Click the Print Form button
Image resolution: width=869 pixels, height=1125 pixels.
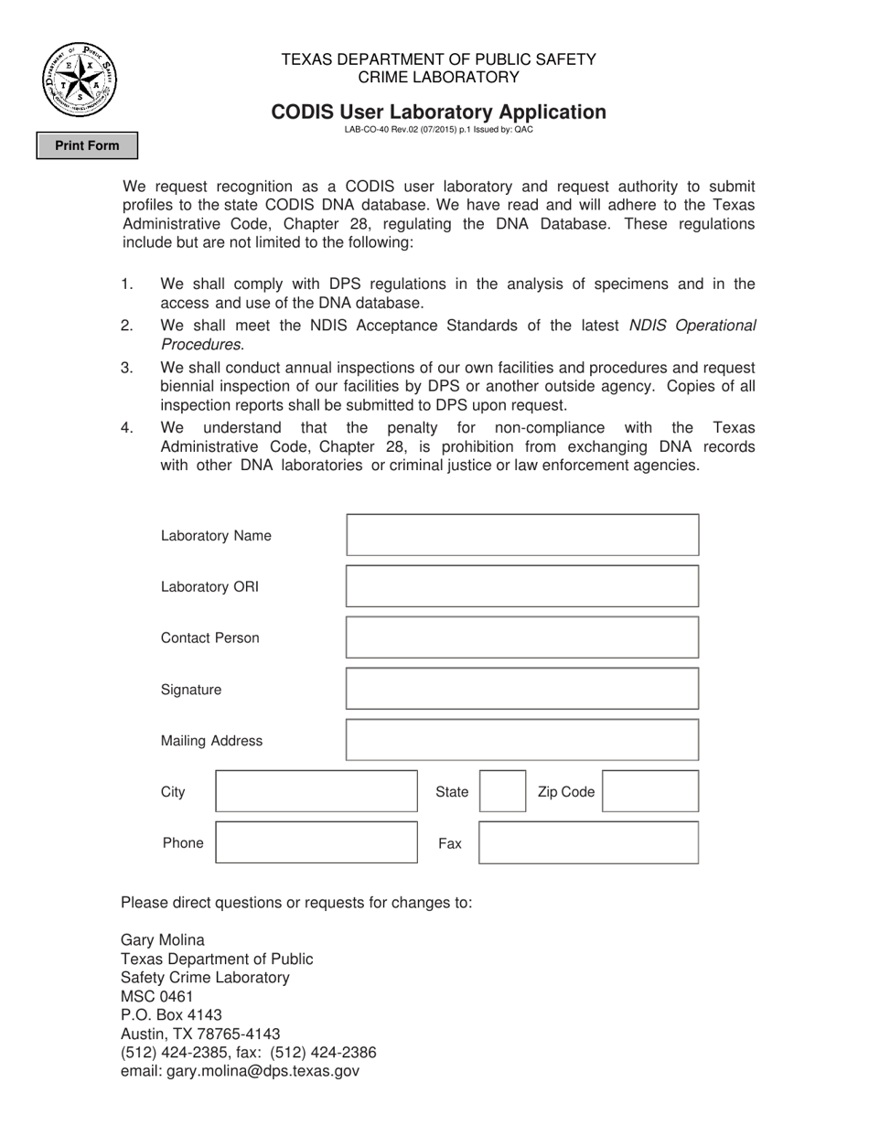click(87, 145)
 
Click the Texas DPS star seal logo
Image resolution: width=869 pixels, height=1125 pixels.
click(80, 80)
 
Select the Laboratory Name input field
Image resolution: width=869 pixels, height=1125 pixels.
click(522, 535)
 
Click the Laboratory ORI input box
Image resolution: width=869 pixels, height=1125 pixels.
click(522, 586)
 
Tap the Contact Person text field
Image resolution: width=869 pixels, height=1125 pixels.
click(522, 637)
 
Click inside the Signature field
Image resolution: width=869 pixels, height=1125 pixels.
click(522, 689)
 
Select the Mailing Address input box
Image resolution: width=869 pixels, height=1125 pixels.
click(522, 740)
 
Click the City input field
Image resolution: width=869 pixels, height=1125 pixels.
click(316, 791)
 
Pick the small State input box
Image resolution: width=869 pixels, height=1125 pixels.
click(503, 791)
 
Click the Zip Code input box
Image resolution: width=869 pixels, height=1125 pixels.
click(650, 791)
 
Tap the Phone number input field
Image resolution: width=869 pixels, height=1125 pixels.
click(316, 842)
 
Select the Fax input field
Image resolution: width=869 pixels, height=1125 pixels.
click(588, 842)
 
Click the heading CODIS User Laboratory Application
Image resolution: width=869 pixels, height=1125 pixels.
click(438, 112)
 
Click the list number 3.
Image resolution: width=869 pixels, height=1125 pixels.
click(127, 368)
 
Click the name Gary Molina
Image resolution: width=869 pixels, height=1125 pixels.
click(163, 940)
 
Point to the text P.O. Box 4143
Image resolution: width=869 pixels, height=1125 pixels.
click(171, 1015)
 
